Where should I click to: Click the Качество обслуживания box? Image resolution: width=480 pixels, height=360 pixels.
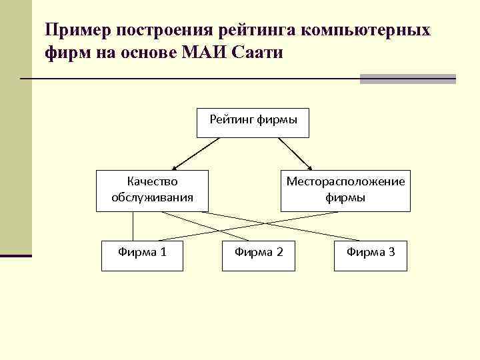152,191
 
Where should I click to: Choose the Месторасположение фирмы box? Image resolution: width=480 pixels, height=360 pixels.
345,191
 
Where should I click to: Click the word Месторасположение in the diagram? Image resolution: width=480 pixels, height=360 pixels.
345,181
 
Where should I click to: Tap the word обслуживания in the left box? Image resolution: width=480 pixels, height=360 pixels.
152,197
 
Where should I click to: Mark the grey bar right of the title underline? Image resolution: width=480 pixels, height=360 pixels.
407,79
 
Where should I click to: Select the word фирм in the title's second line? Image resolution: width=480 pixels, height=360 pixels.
68,53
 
